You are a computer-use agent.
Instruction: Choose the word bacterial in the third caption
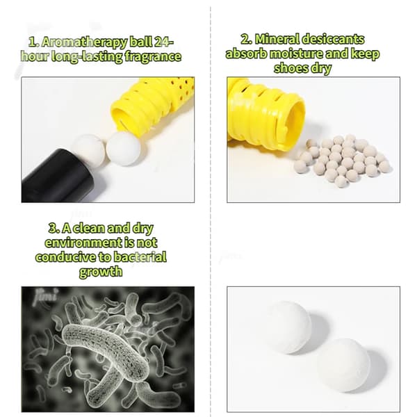pos(140,257)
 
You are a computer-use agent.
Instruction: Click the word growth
pos(101,272)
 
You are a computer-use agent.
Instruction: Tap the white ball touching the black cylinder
pos(89,149)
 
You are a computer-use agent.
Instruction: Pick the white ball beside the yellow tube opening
pos(124,149)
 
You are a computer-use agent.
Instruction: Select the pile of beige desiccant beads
pos(342,161)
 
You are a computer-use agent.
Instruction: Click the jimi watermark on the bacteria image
pos(45,296)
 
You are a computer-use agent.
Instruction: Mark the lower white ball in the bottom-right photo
pos(343,365)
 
